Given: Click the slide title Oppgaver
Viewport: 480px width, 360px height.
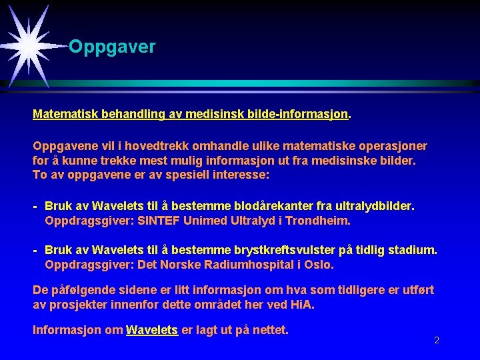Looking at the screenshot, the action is [x=112, y=47].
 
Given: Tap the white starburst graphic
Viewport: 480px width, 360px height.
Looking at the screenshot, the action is [x=29, y=46].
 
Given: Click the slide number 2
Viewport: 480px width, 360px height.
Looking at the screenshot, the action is [x=437, y=340].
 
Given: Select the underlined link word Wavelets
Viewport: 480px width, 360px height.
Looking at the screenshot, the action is [x=152, y=330].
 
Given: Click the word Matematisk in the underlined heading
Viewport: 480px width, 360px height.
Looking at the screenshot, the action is [x=65, y=114].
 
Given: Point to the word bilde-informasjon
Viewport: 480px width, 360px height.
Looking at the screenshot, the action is [x=297, y=114].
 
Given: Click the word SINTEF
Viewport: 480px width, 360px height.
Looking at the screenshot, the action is [x=158, y=221].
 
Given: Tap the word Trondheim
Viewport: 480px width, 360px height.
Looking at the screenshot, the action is [x=318, y=221].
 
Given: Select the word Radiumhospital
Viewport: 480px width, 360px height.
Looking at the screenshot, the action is [x=249, y=265].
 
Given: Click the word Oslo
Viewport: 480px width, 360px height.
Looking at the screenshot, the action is [x=319, y=265].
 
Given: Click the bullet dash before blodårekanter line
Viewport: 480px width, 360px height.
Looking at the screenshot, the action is [x=35, y=207].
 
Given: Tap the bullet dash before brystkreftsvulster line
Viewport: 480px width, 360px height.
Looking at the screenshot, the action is [x=35, y=251].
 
